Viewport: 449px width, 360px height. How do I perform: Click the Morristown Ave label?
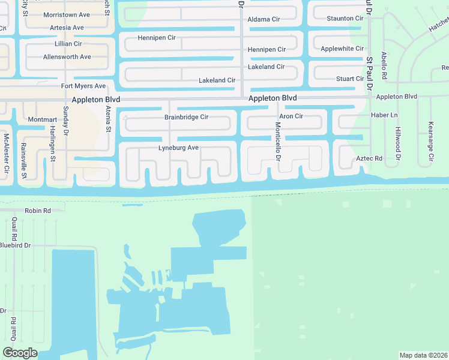click(66, 14)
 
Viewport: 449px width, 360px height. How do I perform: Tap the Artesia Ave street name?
click(67, 28)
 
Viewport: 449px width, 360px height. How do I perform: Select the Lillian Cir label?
click(68, 44)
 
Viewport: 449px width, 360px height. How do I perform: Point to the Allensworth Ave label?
click(67, 57)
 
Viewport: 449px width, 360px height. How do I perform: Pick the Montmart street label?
click(42, 120)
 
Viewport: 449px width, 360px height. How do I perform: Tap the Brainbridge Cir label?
click(186, 117)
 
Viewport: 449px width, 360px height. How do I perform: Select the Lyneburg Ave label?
click(178, 148)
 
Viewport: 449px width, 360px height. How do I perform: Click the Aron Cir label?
click(291, 116)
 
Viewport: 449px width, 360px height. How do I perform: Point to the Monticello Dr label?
click(278, 142)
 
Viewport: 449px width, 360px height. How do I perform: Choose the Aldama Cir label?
click(264, 19)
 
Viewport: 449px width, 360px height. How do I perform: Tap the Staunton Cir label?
click(345, 19)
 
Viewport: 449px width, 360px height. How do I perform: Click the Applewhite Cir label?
click(342, 49)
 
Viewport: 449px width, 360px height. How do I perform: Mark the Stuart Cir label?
click(350, 79)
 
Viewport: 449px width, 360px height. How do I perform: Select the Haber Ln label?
click(384, 115)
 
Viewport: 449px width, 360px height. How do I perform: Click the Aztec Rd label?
click(369, 158)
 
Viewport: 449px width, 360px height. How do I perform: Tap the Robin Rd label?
click(37, 211)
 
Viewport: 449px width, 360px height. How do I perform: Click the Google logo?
click(20, 353)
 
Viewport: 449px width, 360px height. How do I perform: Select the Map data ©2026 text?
click(423, 355)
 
